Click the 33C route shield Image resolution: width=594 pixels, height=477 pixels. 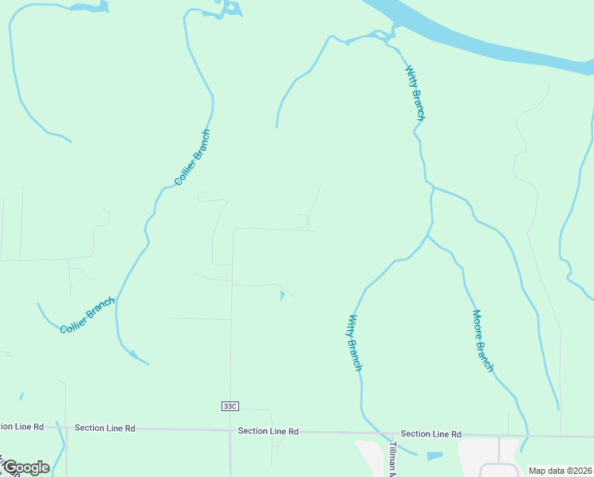point(229,406)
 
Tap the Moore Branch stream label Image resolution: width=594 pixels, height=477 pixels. point(483,341)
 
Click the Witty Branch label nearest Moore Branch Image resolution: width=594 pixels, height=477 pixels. point(355,343)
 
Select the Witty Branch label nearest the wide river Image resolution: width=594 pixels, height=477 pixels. point(415,93)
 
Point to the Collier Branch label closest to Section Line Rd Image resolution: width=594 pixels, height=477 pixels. point(87,315)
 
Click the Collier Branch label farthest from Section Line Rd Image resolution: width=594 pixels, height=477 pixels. point(192,157)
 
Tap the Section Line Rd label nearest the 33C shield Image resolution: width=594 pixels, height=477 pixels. point(268,431)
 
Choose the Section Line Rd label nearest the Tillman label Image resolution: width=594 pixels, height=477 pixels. point(431,434)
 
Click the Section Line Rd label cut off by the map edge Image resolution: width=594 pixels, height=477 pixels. point(21,427)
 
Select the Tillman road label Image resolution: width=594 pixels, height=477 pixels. point(392,460)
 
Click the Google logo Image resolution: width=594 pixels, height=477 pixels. point(25,467)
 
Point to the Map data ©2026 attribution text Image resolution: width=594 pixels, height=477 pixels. point(559,471)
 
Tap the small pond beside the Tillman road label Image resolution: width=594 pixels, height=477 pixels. point(434,456)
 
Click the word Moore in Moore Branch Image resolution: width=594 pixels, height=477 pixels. point(477,323)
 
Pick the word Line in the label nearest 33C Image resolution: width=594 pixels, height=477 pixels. point(278,431)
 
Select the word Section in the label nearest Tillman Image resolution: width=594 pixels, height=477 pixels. point(415,434)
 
